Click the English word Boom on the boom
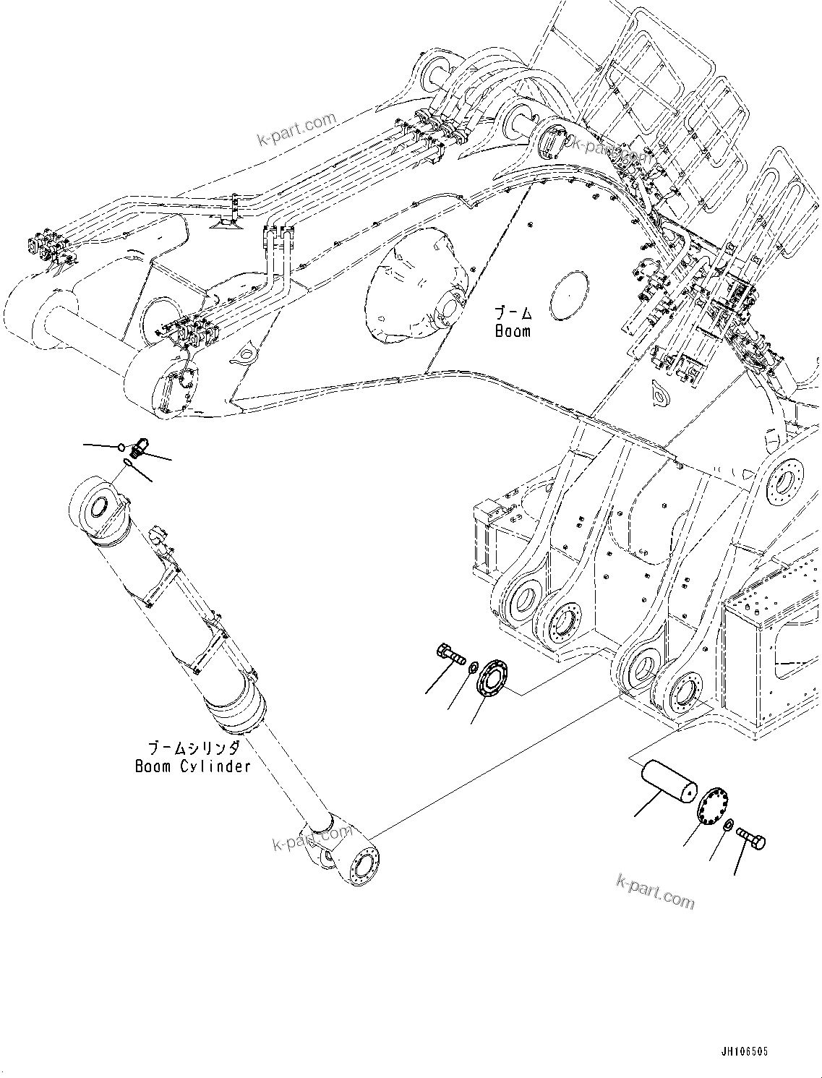click(x=513, y=331)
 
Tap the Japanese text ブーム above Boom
click(x=513, y=313)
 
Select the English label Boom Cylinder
click(x=192, y=766)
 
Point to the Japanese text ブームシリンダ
click(x=192, y=748)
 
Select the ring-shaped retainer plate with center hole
click(x=495, y=677)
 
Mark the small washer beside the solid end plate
click(x=729, y=825)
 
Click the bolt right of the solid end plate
click(x=751, y=839)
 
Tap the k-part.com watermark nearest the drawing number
click(x=654, y=891)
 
